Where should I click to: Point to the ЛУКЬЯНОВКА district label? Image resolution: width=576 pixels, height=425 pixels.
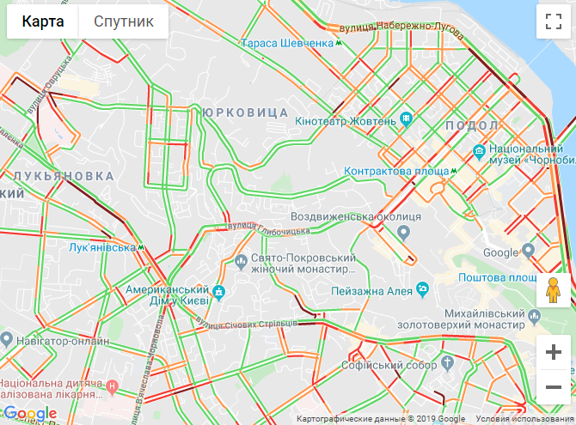63,175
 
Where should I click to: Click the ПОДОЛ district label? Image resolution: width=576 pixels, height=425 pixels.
472,125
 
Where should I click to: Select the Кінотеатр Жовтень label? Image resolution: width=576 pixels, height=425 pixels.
345,120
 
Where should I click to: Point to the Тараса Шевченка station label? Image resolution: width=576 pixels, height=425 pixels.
287,43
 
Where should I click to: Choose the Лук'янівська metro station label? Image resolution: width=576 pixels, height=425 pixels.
102,247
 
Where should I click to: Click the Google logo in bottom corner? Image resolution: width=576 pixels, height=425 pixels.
30,414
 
